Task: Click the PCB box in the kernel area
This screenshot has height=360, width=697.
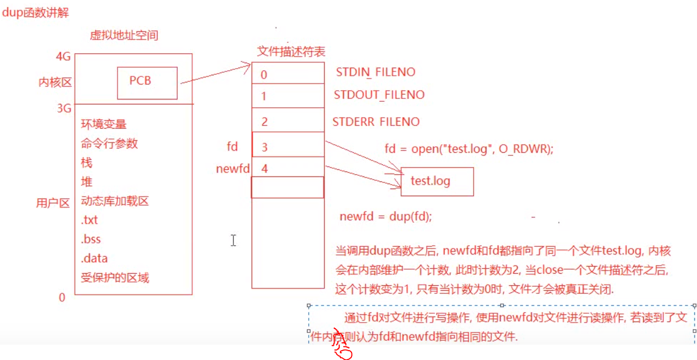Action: [x=147, y=82]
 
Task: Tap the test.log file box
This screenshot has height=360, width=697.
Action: [x=437, y=181]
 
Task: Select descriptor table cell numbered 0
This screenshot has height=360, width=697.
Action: [x=288, y=74]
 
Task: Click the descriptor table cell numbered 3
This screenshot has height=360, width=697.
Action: [x=288, y=146]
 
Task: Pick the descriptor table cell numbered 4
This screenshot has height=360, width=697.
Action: [x=288, y=168]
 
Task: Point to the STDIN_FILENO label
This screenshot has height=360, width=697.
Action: [x=375, y=72]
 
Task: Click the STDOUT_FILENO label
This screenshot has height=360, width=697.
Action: [x=379, y=95]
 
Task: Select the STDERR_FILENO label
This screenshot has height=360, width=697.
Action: [x=376, y=121]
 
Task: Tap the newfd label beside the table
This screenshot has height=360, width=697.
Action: [x=232, y=169]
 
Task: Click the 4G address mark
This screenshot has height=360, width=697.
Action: [x=64, y=57]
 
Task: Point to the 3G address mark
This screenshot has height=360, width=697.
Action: [x=64, y=108]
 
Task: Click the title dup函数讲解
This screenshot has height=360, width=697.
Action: [x=36, y=13]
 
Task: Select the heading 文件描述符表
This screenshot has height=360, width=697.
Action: [x=291, y=52]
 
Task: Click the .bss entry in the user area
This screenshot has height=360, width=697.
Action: [x=91, y=239]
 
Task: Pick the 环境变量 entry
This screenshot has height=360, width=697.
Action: [x=104, y=124]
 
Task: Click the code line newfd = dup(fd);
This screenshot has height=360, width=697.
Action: [x=386, y=216]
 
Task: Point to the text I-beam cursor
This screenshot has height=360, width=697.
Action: [x=233, y=240]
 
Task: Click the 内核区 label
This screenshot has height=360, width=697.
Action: [x=55, y=82]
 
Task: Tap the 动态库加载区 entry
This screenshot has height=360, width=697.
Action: [x=115, y=201]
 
